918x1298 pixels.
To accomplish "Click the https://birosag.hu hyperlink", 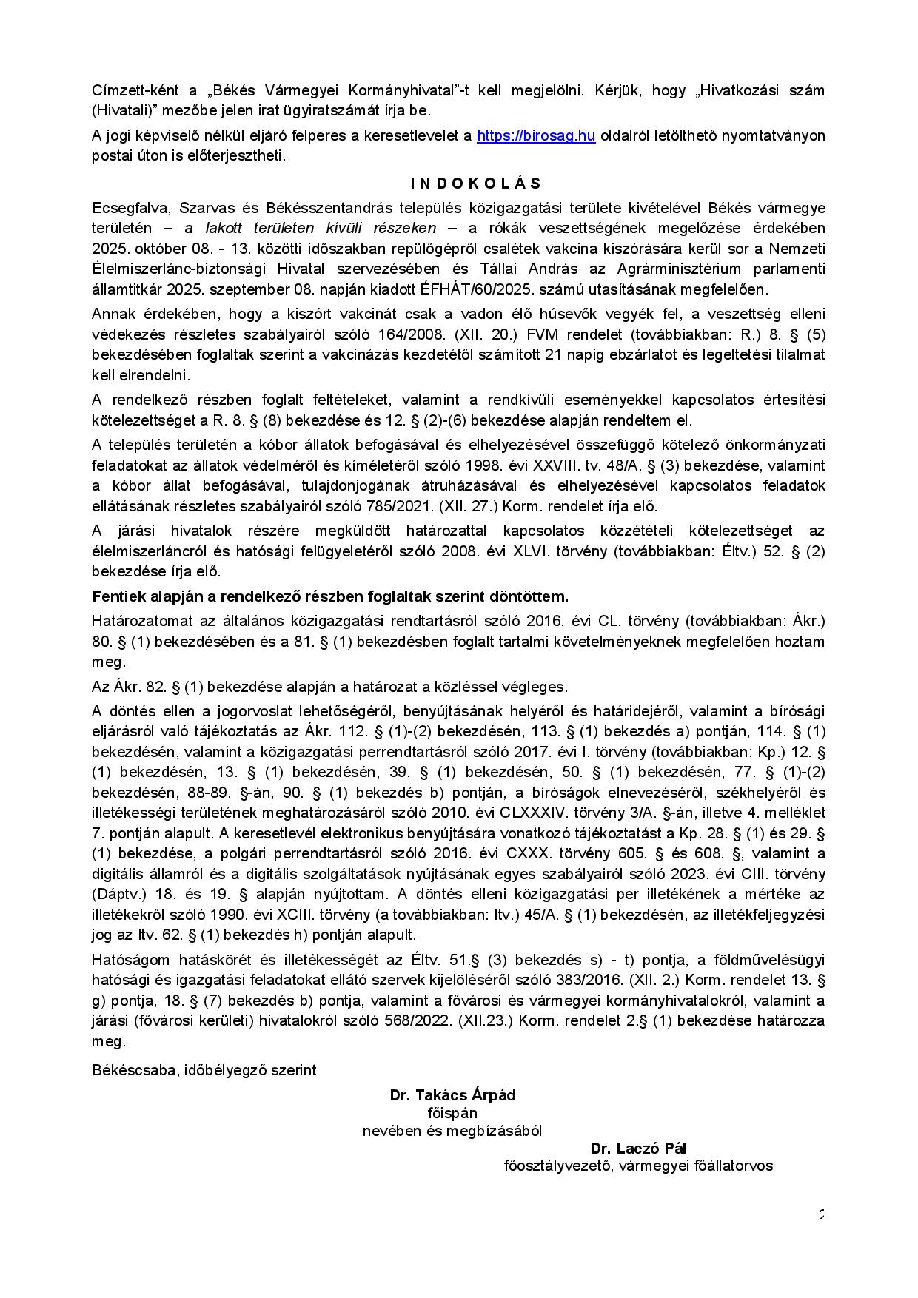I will pyautogui.click(x=536, y=136).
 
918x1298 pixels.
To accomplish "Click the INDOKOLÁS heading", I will pyautogui.click(x=476, y=184).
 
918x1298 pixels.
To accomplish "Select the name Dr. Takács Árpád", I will pyautogui.click(x=452, y=1095).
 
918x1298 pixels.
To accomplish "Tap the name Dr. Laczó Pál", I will pyautogui.click(x=638, y=1149).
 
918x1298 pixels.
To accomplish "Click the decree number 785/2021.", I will pyautogui.click(x=401, y=507).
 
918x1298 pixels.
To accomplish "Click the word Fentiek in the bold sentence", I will pyautogui.click(x=115, y=596).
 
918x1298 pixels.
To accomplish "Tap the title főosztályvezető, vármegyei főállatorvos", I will pyautogui.click(x=638, y=1166).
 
